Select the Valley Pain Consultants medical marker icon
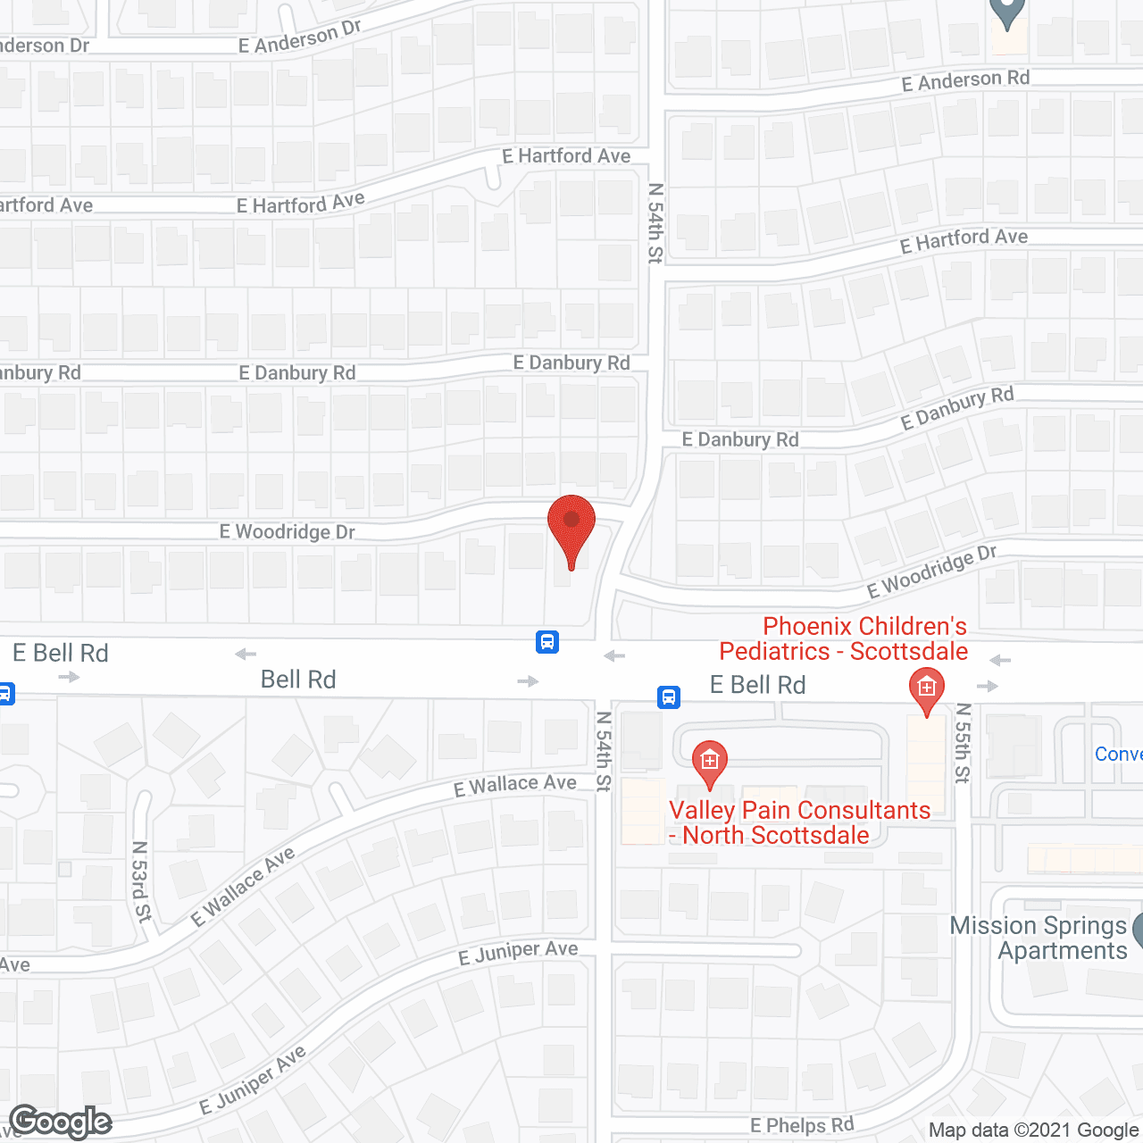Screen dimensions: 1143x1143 click(710, 762)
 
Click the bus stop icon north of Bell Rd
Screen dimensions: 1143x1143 click(547, 641)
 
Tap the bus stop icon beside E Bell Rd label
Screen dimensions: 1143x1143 click(669, 697)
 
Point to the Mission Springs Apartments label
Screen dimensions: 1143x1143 click(1039, 938)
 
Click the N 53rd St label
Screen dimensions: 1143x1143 click(141, 880)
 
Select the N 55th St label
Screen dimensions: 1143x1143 click(962, 743)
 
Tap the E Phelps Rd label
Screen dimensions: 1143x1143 click(802, 1125)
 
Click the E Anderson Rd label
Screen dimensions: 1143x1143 click(965, 80)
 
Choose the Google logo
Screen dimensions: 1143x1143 click(61, 1122)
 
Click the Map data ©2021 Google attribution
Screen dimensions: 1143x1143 click(1034, 1130)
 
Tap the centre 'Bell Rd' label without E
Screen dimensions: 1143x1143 click(298, 680)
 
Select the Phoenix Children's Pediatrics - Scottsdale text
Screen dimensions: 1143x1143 click(844, 638)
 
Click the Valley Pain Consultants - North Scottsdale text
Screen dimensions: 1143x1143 click(799, 822)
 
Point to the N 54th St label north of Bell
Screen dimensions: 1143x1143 click(655, 223)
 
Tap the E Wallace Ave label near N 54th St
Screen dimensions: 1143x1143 click(515, 785)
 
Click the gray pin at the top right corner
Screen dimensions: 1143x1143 click(1007, 11)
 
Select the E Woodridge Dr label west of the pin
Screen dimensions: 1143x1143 click(288, 532)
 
